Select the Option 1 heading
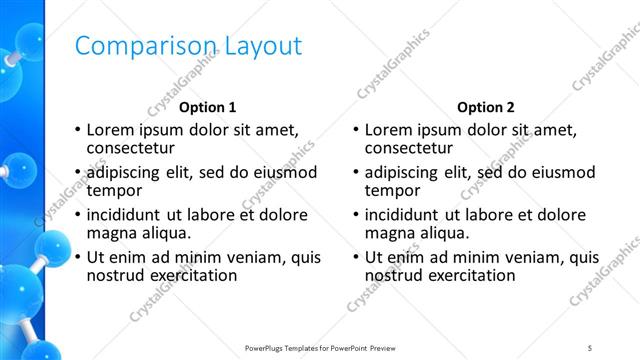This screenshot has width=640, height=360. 208,107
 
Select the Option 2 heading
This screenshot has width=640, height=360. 486,107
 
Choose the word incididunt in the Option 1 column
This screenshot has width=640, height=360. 125,214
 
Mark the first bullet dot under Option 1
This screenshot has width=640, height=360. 77,130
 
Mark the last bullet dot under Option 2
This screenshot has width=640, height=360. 355,257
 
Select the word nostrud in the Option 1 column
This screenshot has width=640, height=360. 115,274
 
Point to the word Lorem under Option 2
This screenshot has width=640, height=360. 387,130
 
